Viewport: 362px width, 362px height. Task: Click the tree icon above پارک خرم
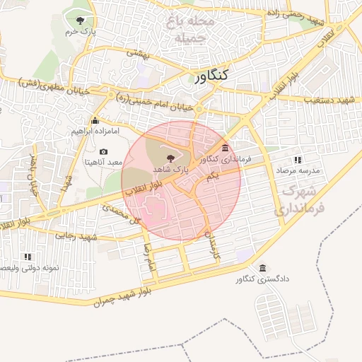(78, 19)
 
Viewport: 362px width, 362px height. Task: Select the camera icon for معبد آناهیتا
(104, 151)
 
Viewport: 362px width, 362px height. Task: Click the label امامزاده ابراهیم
(96, 132)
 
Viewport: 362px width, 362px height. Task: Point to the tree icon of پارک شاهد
(170, 158)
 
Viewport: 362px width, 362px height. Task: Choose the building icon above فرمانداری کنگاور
(225, 147)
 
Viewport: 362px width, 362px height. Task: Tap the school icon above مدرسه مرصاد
(298, 160)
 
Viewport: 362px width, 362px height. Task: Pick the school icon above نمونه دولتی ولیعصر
(28, 257)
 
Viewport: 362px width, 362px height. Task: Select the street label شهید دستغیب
(327, 101)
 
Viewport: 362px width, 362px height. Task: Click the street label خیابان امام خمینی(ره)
(160, 103)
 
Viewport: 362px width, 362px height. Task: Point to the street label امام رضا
(148, 262)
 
